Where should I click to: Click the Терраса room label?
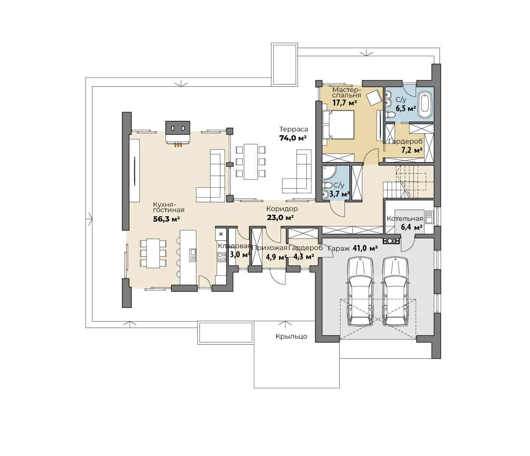[x=294, y=129]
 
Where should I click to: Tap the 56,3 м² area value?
[x=166, y=219]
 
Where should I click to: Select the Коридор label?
[x=282, y=209]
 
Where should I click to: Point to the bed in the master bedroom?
[x=338, y=125]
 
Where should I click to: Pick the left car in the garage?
[x=359, y=292]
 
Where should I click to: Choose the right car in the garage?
[x=395, y=292]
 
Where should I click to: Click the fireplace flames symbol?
[x=178, y=145]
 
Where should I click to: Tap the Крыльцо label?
[x=291, y=336]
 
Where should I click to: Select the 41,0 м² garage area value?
[x=365, y=248]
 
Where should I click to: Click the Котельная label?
[x=405, y=219]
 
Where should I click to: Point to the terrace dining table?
[x=251, y=162]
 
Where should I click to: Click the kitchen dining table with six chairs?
[x=153, y=253]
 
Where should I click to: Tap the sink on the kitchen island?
[x=192, y=255]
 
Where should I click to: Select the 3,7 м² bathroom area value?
[x=340, y=194]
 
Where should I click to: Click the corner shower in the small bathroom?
[x=329, y=173]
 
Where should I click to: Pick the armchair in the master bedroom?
[x=374, y=97]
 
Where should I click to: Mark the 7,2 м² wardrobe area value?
[x=412, y=150]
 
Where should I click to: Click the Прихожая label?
[x=270, y=248]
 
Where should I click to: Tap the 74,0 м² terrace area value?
[x=293, y=138]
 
